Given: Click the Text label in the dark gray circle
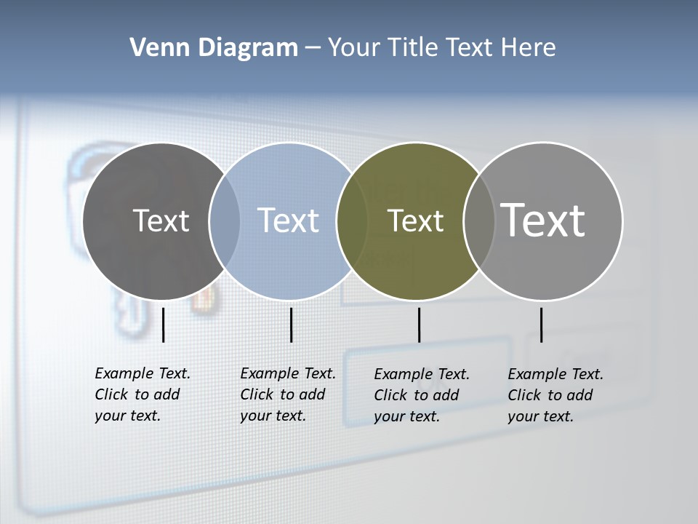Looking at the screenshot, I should click(161, 221).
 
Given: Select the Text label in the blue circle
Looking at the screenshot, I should click(288, 221).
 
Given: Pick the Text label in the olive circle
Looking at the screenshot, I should click(415, 221).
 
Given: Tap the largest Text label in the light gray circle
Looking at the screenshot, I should click(543, 220).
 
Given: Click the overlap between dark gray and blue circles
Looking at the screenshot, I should click(225, 221).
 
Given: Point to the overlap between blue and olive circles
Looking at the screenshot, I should click(352, 221).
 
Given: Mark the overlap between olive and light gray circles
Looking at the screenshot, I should click(478, 221).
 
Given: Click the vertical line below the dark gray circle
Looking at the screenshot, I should click(163, 325).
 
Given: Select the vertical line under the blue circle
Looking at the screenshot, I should click(291, 325).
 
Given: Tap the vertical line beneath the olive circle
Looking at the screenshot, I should click(419, 325).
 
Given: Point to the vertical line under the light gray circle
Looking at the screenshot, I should click(541, 325).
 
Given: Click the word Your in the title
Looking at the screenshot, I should click(355, 48).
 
